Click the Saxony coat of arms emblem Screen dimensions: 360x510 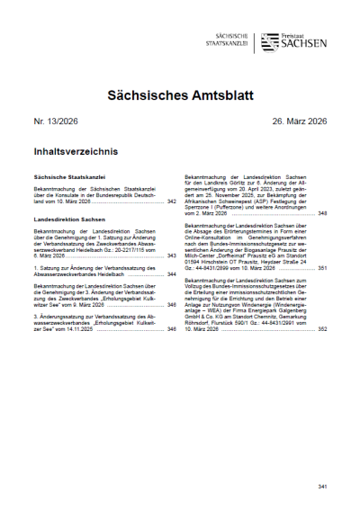click(268, 41)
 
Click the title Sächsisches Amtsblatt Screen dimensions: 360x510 click(179, 94)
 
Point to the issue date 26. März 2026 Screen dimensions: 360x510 click(292, 122)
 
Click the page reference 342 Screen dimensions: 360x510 click(171, 202)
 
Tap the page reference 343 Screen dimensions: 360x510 click(171, 255)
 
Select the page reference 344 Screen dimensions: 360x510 click(171, 273)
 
